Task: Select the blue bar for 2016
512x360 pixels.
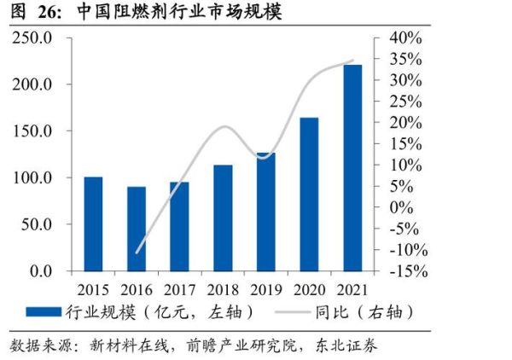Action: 137,229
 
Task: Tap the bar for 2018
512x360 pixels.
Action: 223,218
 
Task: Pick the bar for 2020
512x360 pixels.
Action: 309,194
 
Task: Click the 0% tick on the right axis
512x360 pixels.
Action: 404,207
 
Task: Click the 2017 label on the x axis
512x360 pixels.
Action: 179,287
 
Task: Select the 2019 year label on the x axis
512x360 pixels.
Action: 265,287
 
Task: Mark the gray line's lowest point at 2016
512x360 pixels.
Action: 137,253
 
